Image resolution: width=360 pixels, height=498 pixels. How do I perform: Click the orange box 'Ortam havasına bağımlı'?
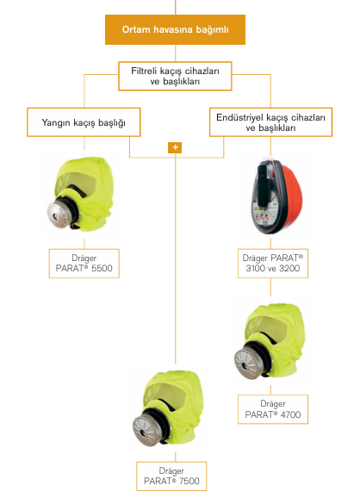point(175,29)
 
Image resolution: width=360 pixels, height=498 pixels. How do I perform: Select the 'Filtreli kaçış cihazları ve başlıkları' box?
point(175,76)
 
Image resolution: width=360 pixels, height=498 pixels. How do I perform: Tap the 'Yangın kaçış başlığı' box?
point(84,122)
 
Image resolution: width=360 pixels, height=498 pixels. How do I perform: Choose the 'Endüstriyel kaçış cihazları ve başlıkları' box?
point(270,122)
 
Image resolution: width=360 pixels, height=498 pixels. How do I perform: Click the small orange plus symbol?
point(175,147)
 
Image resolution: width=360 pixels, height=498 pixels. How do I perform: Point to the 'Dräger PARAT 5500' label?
point(84,264)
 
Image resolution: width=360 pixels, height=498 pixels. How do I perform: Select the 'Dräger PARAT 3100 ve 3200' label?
point(273,264)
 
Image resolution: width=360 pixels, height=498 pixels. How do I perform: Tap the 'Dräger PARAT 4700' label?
point(273,409)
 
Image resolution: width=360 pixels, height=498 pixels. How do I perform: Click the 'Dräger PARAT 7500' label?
point(171,476)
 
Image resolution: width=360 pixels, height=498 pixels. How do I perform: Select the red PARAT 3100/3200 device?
point(276,197)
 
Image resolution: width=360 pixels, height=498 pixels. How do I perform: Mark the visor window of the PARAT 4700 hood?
point(267,328)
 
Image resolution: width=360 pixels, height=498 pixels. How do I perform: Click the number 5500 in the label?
point(102,268)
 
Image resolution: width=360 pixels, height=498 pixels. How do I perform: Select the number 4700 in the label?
point(291,414)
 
